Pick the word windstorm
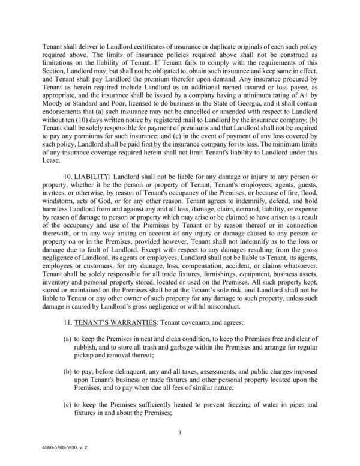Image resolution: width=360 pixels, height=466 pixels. pos(62,205)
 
